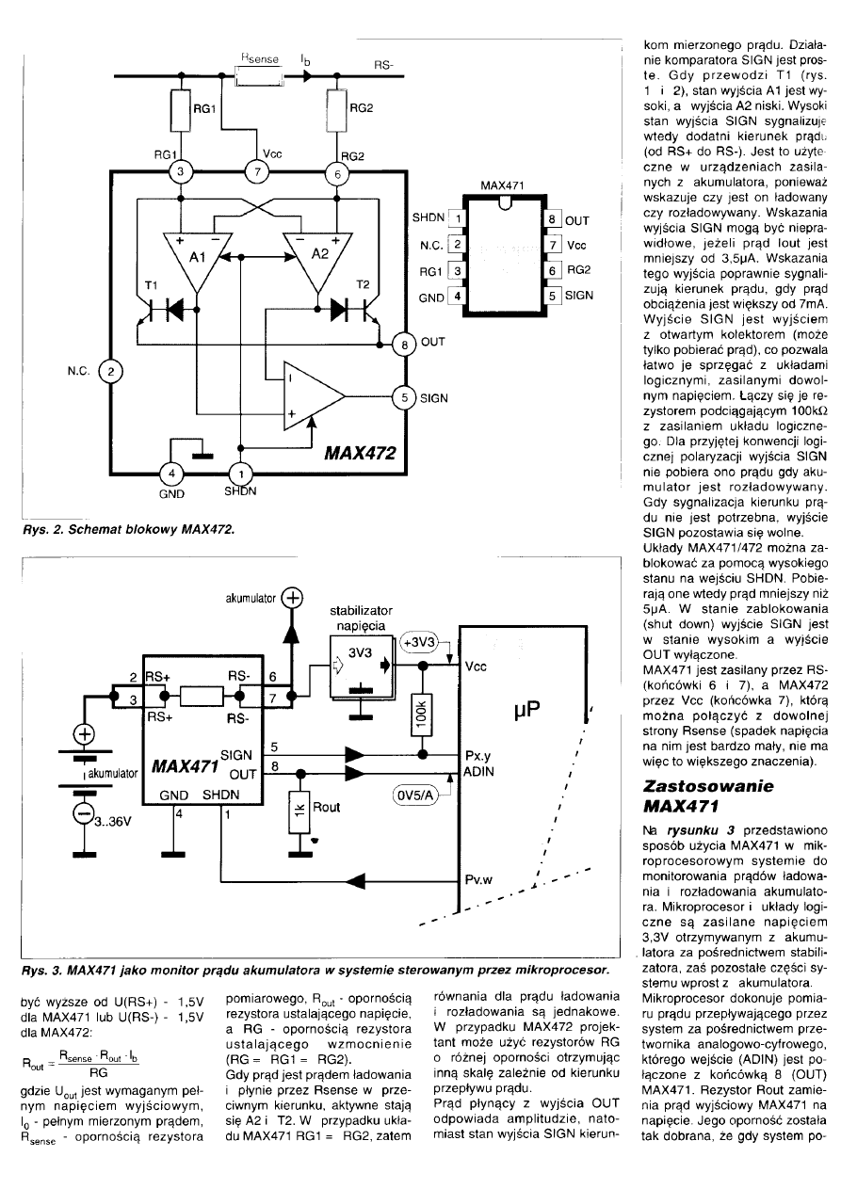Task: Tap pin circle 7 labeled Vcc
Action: tap(257, 170)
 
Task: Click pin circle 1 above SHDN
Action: tap(242, 473)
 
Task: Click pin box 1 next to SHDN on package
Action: tap(459, 219)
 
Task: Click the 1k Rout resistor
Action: tap(300, 806)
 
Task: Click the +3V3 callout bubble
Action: tap(419, 642)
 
